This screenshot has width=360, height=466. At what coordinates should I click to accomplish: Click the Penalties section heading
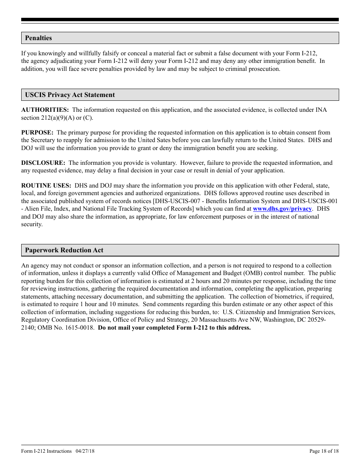[x=38, y=38]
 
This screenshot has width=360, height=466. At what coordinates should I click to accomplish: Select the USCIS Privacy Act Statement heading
[x=70, y=95]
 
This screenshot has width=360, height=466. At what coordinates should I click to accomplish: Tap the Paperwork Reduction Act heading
[x=64, y=250]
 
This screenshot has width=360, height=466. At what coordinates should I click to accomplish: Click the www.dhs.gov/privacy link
[x=282, y=209]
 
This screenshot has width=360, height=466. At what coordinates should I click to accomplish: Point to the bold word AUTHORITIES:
[x=45, y=110]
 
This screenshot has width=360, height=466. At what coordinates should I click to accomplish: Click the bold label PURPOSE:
[x=37, y=133]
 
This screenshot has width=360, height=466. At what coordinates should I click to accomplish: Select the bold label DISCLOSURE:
[x=43, y=163]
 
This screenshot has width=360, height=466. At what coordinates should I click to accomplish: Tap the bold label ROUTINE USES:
[x=46, y=186]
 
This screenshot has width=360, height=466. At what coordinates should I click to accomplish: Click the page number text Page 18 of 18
[x=324, y=451]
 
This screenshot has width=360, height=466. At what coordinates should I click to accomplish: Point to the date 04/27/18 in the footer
[x=85, y=451]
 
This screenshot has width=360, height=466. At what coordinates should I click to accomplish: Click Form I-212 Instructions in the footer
[x=46, y=451]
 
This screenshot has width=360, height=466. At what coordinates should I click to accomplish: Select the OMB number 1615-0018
[x=80, y=328]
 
